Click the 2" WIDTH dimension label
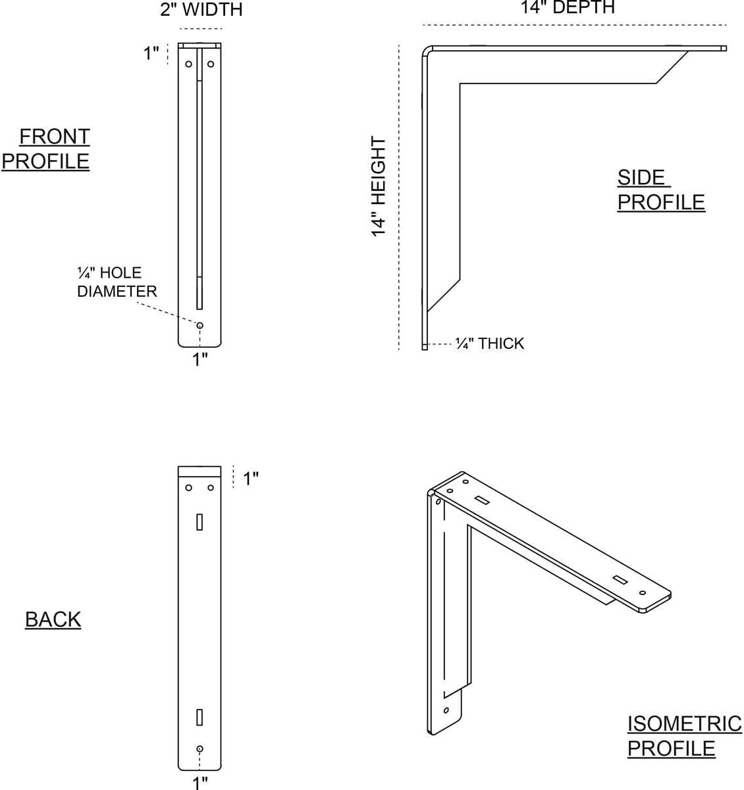[x=201, y=10]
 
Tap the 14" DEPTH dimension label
[x=568, y=7]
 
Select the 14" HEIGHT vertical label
[x=379, y=186]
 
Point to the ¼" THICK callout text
[x=490, y=343]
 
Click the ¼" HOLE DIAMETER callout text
[x=117, y=282]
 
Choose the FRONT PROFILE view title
[x=46, y=149]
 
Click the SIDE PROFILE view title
[x=661, y=190]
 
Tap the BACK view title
[x=53, y=619]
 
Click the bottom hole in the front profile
[x=199, y=325]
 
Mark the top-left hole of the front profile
[x=188, y=64]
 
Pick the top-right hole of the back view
[x=211, y=488]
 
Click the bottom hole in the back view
[x=199, y=749]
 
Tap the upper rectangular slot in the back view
[x=199, y=522]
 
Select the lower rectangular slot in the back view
[x=199, y=717]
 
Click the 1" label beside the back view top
[x=251, y=479]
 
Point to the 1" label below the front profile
[x=200, y=359]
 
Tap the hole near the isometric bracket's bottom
[x=446, y=710]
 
